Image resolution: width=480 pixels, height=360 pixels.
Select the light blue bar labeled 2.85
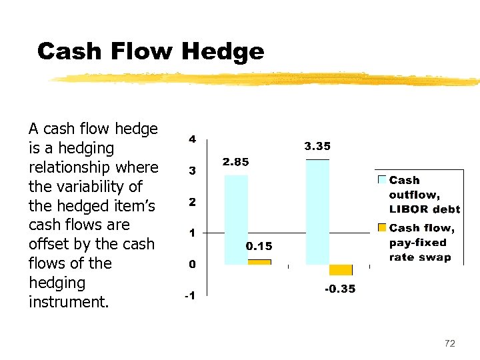tap(236, 219)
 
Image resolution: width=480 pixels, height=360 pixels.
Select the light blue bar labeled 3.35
tap(317, 212)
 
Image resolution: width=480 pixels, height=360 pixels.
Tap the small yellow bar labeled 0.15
tap(259, 262)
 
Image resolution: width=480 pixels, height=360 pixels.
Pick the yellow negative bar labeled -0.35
tap(341, 270)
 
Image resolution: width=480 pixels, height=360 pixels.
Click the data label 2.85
tap(236, 162)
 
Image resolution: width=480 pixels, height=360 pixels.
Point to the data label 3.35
tap(317, 146)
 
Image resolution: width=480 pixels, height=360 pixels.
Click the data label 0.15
tap(259, 247)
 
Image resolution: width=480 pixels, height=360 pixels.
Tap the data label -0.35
tap(340, 289)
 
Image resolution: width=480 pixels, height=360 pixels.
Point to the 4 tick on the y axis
tap(192, 140)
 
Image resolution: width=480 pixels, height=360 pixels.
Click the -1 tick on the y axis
tap(190, 296)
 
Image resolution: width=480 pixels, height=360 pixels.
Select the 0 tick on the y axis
tap(192, 265)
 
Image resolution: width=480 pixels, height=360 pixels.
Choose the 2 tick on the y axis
tap(192, 202)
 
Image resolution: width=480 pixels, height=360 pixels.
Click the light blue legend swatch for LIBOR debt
tap(382, 180)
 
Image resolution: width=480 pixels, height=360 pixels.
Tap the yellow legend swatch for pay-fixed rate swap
tap(382, 228)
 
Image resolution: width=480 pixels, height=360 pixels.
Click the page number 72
tap(450, 343)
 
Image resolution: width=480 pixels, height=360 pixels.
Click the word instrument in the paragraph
tap(67, 302)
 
